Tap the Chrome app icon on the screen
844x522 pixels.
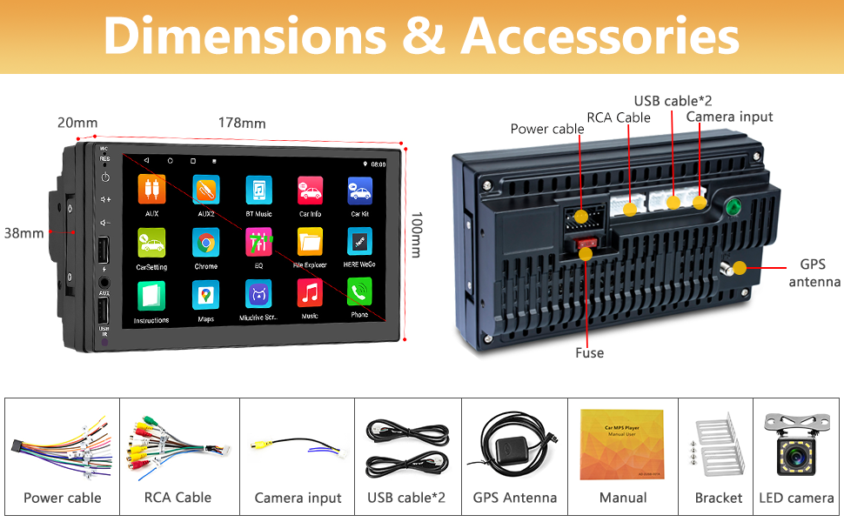[206, 242]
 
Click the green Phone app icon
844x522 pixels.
[359, 291]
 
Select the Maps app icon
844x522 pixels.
[206, 293]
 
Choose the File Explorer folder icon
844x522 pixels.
[310, 241]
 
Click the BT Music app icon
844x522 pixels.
[258, 190]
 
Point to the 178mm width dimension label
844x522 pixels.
[242, 123]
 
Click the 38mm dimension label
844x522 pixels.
[23, 233]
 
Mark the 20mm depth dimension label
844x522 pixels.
[77, 123]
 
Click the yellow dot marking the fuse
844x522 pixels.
[586, 254]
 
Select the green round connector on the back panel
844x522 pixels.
[733, 208]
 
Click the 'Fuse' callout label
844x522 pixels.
[589, 352]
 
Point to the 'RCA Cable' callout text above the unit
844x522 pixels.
[619, 117]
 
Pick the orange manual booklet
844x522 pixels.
[622, 443]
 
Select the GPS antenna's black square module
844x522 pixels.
[507, 450]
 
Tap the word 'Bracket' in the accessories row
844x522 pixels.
[719, 498]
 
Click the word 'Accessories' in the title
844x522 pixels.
[600, 37]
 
